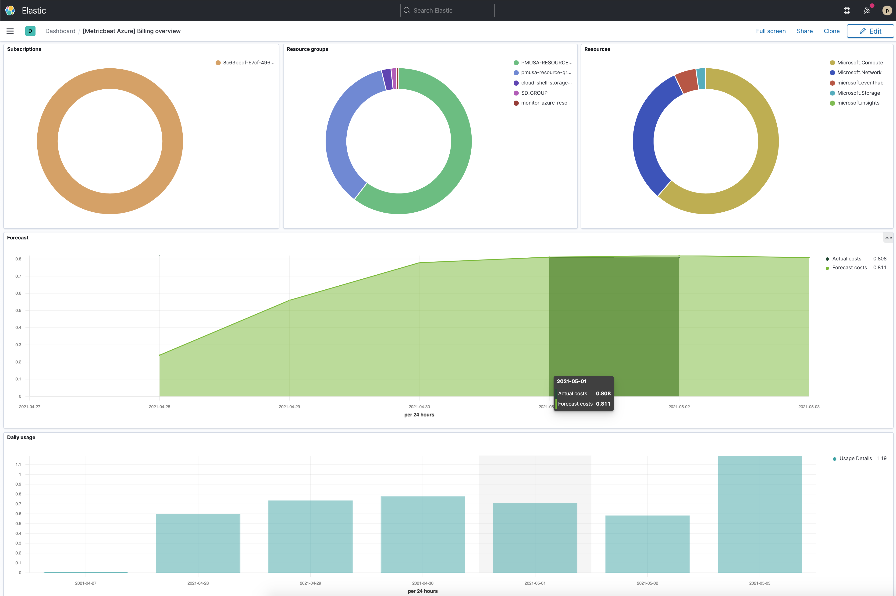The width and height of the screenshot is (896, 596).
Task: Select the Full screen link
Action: point(770,31)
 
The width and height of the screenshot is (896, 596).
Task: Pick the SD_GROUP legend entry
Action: point(534,93)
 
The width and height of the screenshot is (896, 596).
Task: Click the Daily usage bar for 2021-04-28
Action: point(198,543)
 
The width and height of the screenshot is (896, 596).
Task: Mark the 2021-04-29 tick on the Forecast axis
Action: point(289,407)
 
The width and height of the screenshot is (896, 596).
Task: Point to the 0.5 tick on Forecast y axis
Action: point(18,311)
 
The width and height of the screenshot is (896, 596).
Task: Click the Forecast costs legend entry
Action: point(849,268)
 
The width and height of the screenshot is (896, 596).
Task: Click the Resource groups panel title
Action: point(307,49)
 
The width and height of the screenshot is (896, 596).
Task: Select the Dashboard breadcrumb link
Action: point(60,31)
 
